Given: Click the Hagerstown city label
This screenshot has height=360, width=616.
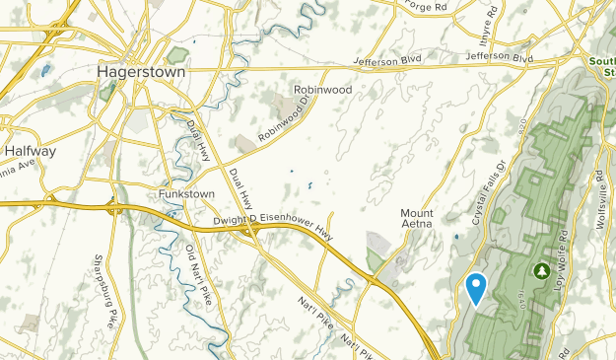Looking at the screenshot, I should tap(136, 72).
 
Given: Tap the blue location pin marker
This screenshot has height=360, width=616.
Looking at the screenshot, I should tap(476, 287).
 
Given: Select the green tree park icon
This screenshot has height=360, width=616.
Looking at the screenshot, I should tap(541, 269).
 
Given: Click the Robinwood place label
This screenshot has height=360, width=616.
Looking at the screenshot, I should tap(322, 89).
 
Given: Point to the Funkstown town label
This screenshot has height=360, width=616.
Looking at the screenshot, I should tap(186, 194).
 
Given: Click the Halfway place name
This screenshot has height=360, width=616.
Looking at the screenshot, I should tap(30, 152).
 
